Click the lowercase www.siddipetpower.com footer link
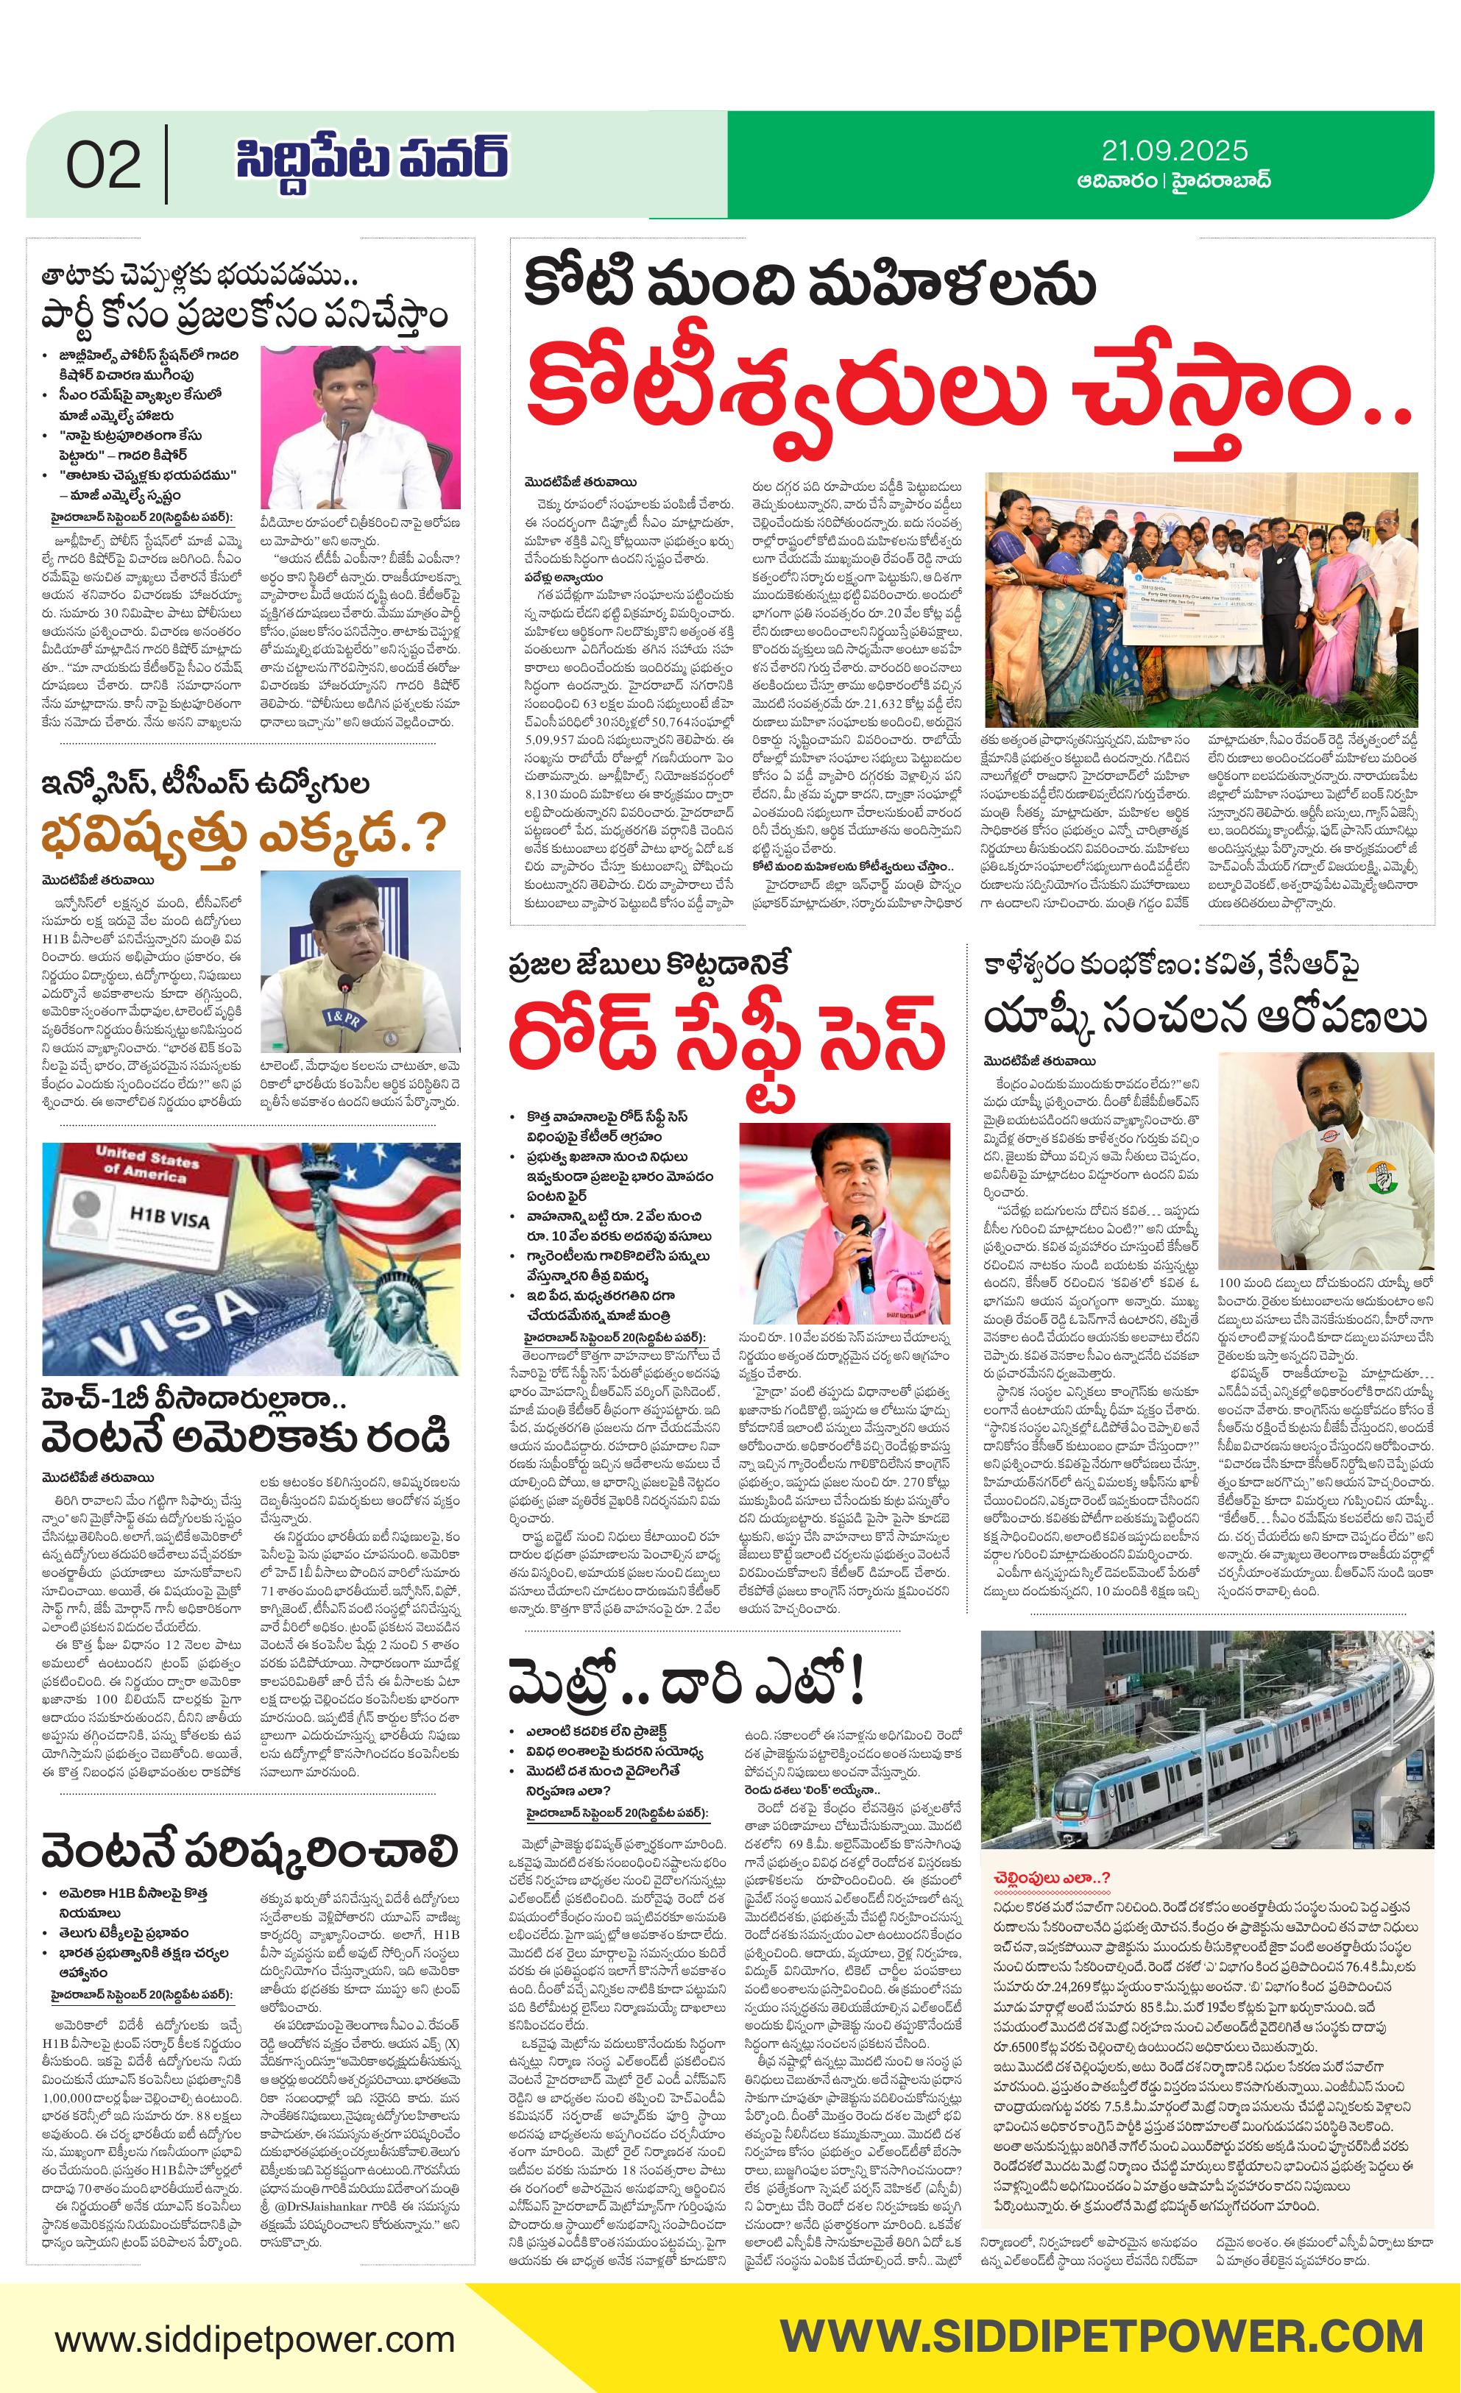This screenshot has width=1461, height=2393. pyautogui.click(x=253, y=2332)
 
